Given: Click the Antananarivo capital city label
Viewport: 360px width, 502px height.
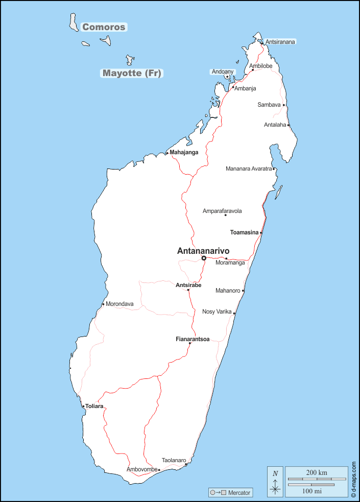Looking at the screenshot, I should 203,251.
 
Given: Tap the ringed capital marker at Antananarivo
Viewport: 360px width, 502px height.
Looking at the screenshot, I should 204,258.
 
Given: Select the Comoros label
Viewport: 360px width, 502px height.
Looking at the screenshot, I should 104,27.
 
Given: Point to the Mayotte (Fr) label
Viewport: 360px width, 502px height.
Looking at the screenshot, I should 132,73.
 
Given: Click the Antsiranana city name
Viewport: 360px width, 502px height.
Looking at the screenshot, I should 280,42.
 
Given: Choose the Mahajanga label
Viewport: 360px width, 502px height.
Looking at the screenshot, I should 184,152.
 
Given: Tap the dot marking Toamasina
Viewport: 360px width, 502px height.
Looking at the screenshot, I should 261,233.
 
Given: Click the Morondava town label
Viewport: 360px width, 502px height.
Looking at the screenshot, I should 119,304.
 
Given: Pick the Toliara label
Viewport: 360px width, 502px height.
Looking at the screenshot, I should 94,407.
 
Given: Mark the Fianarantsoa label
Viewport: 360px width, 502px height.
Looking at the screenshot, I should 193,339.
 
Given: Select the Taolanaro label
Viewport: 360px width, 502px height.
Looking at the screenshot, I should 174,460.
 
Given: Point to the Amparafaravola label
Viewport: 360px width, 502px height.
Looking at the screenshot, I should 222,211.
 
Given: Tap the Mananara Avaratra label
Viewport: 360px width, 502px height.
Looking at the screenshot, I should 249,169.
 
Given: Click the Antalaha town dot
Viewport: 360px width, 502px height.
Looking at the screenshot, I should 288,125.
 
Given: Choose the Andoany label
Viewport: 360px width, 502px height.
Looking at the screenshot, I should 223,72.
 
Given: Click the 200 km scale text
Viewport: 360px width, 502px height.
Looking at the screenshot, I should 317,472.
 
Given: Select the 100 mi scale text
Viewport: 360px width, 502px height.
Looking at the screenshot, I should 311,491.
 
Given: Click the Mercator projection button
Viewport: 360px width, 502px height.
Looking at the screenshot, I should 231,493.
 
